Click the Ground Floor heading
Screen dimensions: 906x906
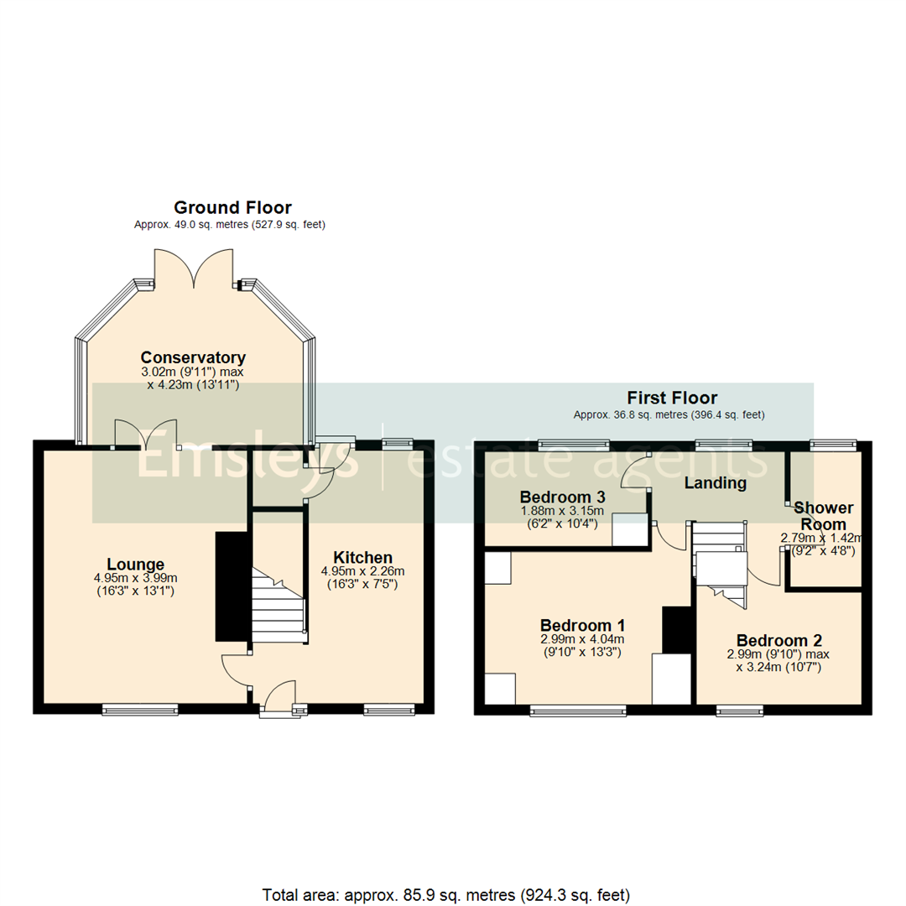(232, 207)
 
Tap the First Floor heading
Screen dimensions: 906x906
(672, 398)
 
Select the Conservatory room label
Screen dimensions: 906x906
(193, 357)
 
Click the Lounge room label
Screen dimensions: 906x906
(135, 564)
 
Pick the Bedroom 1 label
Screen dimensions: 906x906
(581, 625)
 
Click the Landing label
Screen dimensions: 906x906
(715, 483)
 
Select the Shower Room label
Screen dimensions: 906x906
(824, 516)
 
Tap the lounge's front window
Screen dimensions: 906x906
(140, 710)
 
